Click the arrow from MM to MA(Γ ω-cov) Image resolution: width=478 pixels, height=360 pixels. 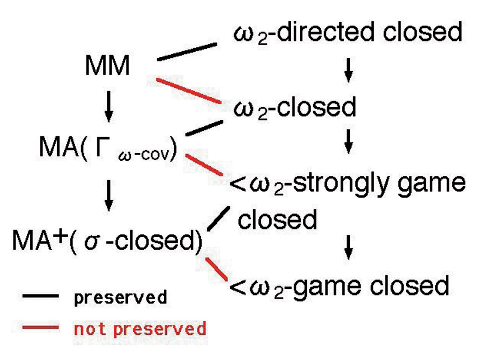[109, 106]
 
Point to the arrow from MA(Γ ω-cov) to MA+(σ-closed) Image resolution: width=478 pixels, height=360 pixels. [109, 195]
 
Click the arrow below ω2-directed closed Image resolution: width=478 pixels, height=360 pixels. [348, 70]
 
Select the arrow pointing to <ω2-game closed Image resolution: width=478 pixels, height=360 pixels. [348, 247]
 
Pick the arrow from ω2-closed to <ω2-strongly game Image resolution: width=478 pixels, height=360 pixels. [348, 141]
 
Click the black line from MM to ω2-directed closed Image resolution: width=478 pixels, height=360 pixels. [187, 52]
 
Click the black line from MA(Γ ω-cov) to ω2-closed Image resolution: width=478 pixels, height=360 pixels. [204, 128]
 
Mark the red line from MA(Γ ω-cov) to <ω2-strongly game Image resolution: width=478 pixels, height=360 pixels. [204, 164]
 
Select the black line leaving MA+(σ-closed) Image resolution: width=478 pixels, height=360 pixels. [218, 218]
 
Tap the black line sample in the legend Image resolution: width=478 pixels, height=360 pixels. [40, 296]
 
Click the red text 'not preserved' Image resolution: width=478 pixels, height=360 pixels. [140, 329]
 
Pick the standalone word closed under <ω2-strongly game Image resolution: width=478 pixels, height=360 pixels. [277, 220]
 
